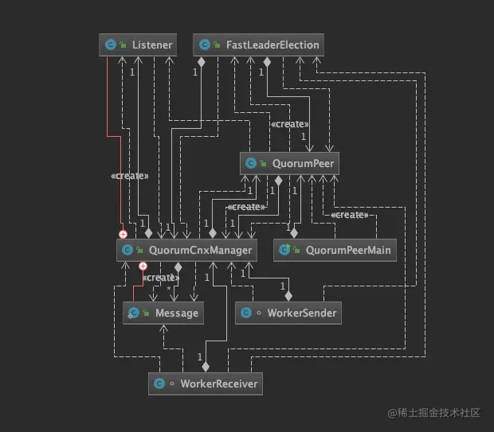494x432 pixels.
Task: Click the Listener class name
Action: (152, 45)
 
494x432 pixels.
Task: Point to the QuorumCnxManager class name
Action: (201, 251)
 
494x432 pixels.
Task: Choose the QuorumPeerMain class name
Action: (348, 251)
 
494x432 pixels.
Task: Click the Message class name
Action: (177, 313)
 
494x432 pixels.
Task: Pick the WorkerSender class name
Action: (302, 313)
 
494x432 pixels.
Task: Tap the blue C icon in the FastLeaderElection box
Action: (205, 45)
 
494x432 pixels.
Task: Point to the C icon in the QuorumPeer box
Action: (252, 164)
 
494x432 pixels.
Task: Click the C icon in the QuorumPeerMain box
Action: (285, 251)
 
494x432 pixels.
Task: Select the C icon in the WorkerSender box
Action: (248, 313)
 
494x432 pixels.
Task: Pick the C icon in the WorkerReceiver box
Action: (159, 384)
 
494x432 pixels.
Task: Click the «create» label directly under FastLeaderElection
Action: (289, 124)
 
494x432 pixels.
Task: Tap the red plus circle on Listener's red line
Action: (123, 235)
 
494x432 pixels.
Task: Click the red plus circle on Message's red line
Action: (143, 267)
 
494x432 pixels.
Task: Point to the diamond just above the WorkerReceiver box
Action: (206, 367)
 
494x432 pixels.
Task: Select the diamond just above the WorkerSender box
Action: (288, 296)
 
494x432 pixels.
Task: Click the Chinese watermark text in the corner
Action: (434, 413)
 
